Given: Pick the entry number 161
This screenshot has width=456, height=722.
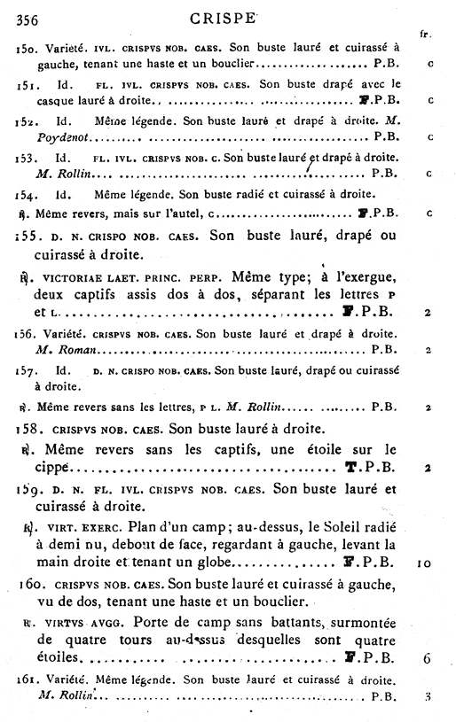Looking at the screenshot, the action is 27,680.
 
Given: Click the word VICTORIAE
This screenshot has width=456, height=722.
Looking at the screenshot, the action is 73,276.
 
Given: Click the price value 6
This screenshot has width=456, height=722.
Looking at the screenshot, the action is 428,659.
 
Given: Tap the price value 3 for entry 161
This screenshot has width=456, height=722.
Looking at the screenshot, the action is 428,696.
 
